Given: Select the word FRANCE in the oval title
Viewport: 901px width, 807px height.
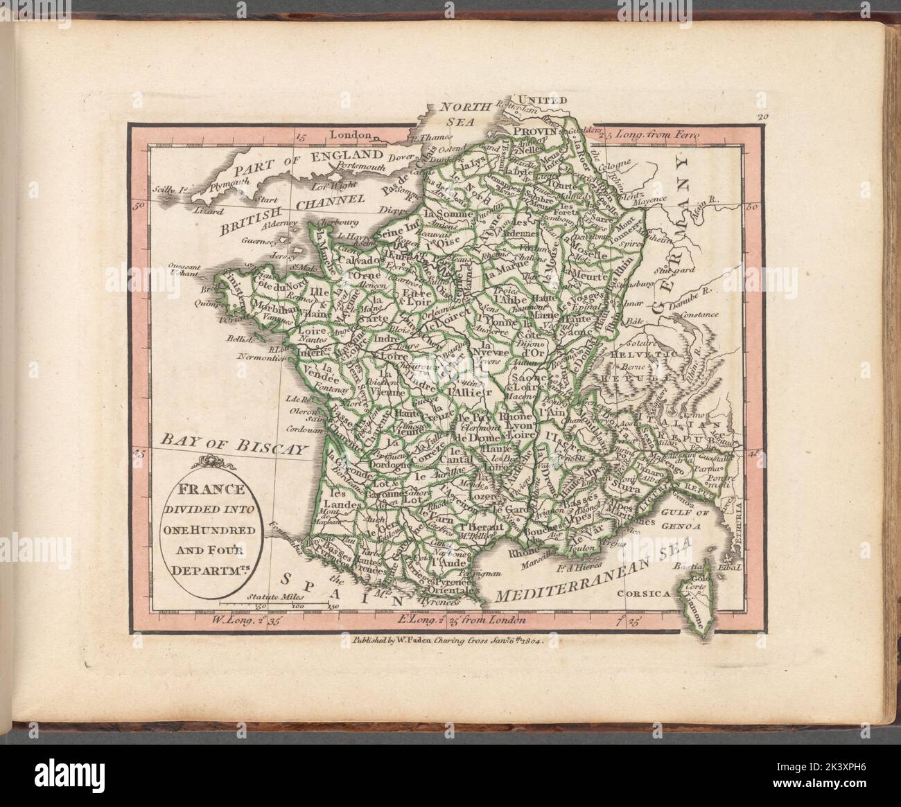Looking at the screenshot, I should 212,488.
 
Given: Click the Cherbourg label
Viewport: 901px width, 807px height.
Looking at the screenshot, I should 338,223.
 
